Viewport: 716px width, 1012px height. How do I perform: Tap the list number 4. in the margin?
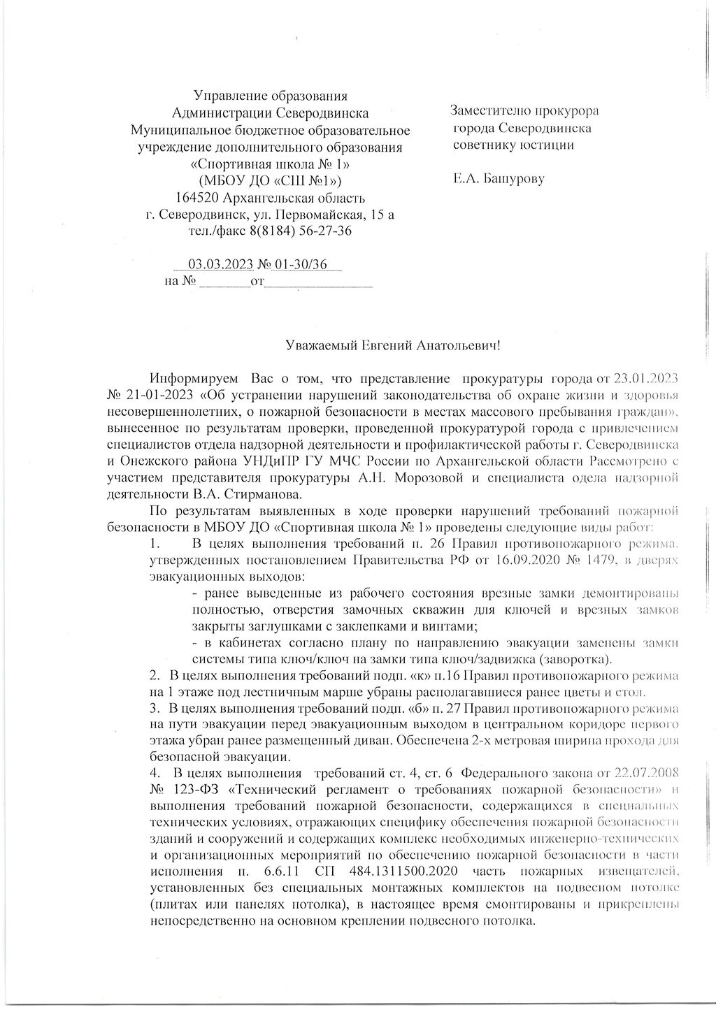[x=156, y=774]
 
